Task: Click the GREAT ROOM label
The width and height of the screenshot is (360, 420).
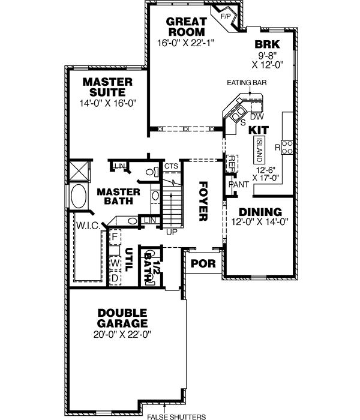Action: [185, 27]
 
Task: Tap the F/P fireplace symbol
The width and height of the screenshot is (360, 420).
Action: [226, 16]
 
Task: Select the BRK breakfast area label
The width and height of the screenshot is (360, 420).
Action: [263, 44]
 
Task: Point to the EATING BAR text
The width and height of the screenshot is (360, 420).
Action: [247, 83]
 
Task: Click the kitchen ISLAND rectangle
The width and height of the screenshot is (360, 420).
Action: [259, 149]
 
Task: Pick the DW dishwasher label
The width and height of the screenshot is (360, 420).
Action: [256, 116]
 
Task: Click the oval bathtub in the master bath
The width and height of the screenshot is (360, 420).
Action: [79, 196]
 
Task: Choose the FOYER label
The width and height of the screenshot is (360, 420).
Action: [203, 201]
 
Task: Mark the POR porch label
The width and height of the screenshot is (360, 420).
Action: [199, 263]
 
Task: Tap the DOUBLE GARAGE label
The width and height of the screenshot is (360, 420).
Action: [123, 318]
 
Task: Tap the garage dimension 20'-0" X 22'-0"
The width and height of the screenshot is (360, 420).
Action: [123, 334]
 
